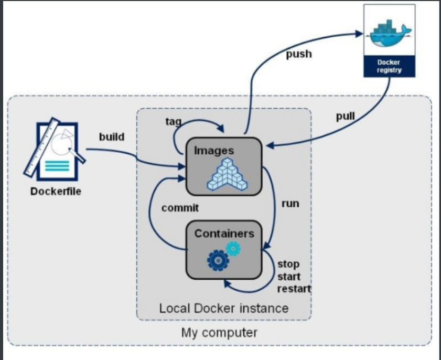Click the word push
click(298, 54)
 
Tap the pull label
click(346, 116)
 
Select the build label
click(112, 137)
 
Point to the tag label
click(173, 122)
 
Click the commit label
click(180, 208)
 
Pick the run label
click(290, 204)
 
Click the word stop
click(288, 264)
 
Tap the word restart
click(294, 289)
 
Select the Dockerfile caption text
click(56, 192)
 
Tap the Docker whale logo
click(389, 33)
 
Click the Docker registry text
click(389, 66)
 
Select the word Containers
click(224, 234)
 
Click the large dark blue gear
click(218, 260)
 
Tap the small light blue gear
click(233, 248)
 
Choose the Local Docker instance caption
click(224, 308)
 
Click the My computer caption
click(219, 333)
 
